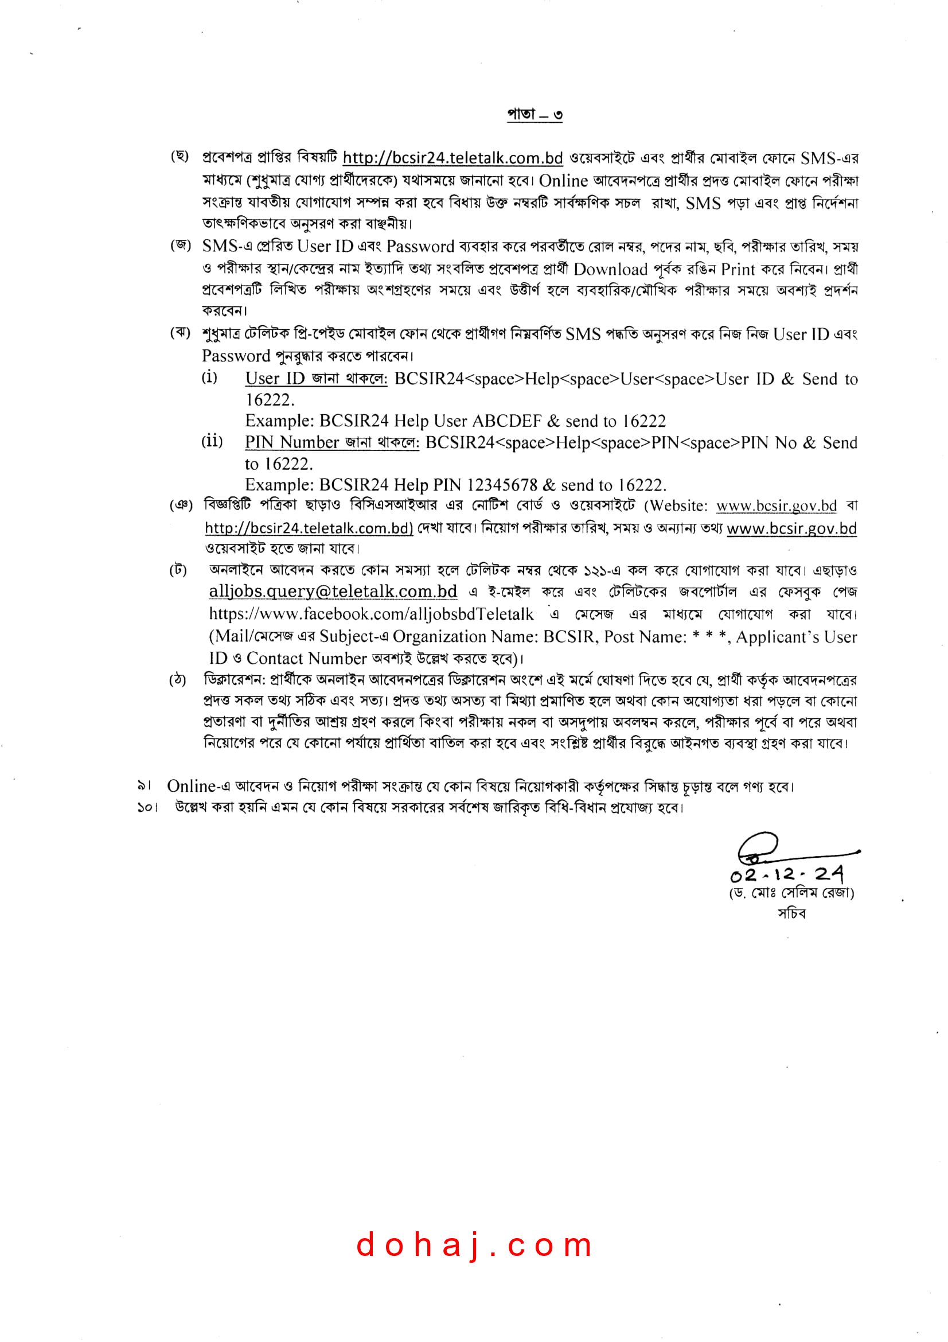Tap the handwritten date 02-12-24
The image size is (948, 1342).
(x=787, y=874)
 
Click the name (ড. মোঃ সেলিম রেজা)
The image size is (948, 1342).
(x=791, y=893)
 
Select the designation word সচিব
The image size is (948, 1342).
(x=791, y=913)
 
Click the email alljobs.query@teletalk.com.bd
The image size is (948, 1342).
(x=333, y=592)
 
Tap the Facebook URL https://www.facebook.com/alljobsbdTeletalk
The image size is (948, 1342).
(x=371, y=614)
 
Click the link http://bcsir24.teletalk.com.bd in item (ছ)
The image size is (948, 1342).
(x=452, y=158)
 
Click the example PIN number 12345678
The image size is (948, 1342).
(x=502, y=485)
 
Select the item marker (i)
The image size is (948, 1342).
(x=209, y=377)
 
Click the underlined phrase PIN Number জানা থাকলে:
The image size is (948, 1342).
(x=331, y=442)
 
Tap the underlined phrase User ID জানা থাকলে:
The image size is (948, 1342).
(x=316, y=379)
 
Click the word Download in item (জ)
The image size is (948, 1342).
(x=610, y=269)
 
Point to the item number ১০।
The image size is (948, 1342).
(x=147, y=808)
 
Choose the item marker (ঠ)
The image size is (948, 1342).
(x=178, y=679)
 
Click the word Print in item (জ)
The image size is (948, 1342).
(x=738, y=269)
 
